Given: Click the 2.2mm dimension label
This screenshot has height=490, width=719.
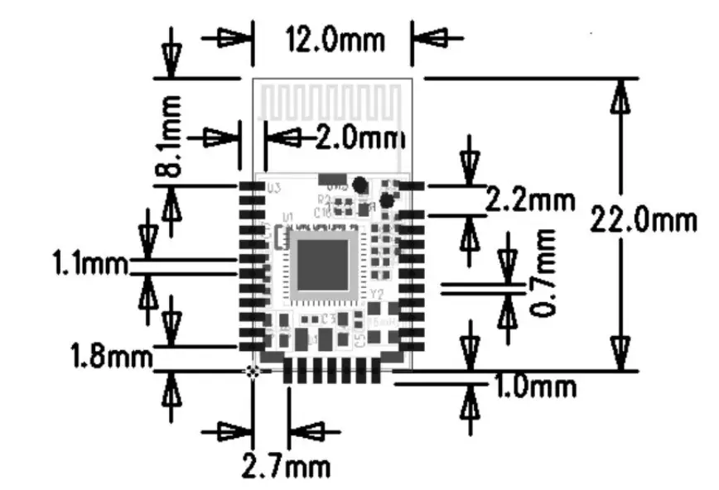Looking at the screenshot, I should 528,199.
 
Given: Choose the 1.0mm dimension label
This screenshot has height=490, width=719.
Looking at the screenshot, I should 535,387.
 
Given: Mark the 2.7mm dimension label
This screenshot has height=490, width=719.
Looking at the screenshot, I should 285,466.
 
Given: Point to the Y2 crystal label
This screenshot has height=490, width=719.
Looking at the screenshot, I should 377,295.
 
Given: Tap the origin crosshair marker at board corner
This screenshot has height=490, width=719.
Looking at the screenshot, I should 253,372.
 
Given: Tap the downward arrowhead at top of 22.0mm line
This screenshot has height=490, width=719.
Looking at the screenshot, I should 618,98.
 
